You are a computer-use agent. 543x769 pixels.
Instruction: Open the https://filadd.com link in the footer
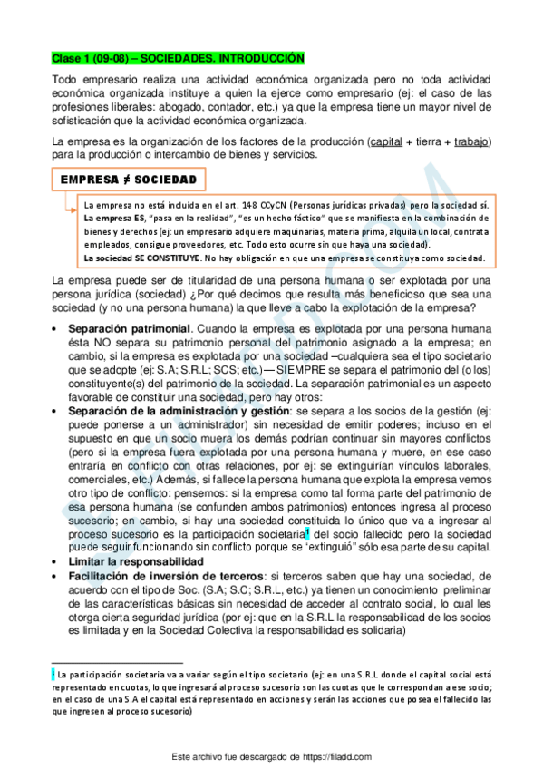[331, 756]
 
